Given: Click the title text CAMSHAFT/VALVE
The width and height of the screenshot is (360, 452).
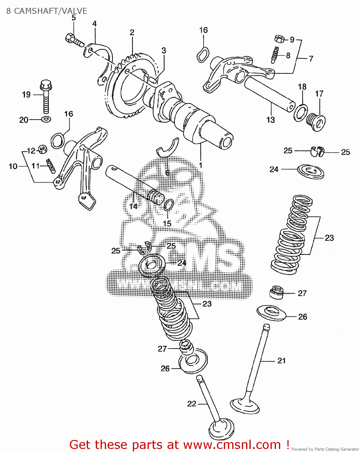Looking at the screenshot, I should (x=50, y=11).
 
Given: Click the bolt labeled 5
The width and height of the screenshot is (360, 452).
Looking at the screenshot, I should (x=74, y=40).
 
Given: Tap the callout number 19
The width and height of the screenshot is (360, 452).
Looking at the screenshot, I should (x=26, y=95).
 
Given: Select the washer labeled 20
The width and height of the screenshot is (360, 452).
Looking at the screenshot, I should (x=46, y=119).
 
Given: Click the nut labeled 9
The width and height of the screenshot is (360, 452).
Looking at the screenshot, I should (x=279, y=39).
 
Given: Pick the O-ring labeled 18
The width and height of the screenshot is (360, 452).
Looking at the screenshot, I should (x=301, y=112).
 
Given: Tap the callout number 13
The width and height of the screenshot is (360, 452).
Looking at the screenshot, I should (x=271, y=120).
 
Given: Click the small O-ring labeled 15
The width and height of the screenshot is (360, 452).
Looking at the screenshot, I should (x=169, y=205).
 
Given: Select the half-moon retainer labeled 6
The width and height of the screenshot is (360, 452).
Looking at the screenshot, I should (x=168, y=147).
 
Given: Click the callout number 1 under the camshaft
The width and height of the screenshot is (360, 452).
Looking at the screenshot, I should (x=200, y=165).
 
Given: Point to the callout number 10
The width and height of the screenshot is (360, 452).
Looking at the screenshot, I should (x=13, y=166).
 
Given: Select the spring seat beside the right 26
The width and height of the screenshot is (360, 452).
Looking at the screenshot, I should (x=271, y=312).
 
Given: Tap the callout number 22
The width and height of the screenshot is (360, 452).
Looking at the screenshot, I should (x=192, y=403).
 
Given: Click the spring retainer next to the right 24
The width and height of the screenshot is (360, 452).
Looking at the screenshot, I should (x=311, y=171).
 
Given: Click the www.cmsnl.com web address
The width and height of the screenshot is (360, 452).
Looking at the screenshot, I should (x=232, y=445).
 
